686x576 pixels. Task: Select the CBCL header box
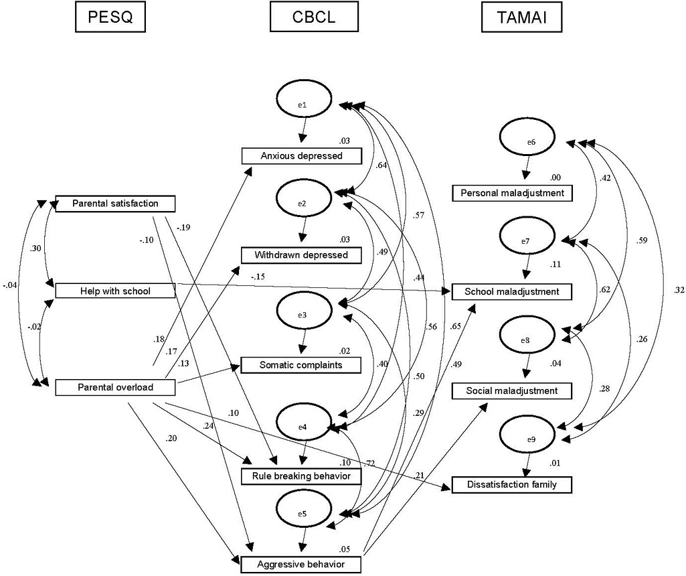[x=312, y=18]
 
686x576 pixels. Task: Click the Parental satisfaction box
[x=115, y=203]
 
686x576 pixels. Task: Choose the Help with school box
[x=115, y=290]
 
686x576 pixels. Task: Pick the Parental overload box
[x=115, y=386]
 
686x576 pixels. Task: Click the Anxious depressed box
[x=301, y=156]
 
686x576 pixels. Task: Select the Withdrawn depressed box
[x=301, y=255]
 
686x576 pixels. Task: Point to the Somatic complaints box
[x=301, y=365]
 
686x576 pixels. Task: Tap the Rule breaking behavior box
[x=301, y=476]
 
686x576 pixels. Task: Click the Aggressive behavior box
[x=301, y=564]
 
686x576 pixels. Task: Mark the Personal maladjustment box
[x=513, y=193]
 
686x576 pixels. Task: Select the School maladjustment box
[x=513, y=291]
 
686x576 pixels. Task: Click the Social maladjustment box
[x=513, y=390]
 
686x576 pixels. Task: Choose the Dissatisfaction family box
[x=513, y=484]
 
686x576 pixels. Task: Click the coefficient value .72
[x=369, y=463]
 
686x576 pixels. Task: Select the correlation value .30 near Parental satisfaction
[x=35, y=248]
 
